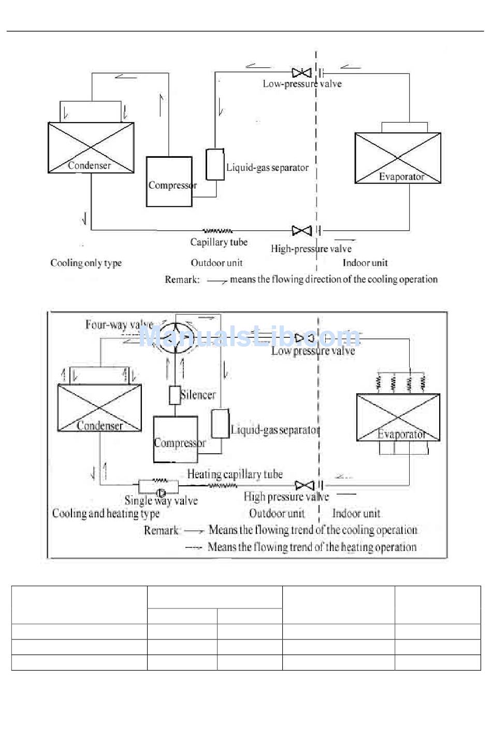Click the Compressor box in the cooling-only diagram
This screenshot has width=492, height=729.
point(169,182)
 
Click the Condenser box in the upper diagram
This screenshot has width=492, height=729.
point(91,147)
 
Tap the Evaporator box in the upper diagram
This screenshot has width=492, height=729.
point(397,158)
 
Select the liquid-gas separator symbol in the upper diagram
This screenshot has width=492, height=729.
point(215,165)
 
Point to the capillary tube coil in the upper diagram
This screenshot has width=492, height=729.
point(218,231)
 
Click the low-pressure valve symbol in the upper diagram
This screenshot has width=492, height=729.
point(301,73)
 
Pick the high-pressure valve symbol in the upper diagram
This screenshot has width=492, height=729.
point(301,230)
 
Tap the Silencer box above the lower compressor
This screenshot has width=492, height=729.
point(175,395)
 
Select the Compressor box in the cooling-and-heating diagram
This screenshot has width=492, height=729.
point(176,439)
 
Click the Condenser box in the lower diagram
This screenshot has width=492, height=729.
point(99,408)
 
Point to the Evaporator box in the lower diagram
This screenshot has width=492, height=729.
point(398,417)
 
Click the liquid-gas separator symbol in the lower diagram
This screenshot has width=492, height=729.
point(220,423)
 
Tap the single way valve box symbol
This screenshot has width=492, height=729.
point(158,487)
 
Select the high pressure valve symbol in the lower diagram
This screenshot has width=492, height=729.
point(304,485)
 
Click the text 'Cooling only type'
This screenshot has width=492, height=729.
point(86,263)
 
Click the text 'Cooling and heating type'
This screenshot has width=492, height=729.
point(106,514)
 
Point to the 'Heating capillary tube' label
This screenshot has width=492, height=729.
point(235,474)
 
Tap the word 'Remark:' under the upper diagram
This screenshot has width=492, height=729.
point(182,280)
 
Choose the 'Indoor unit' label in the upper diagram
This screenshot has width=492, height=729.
point(365,263)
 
